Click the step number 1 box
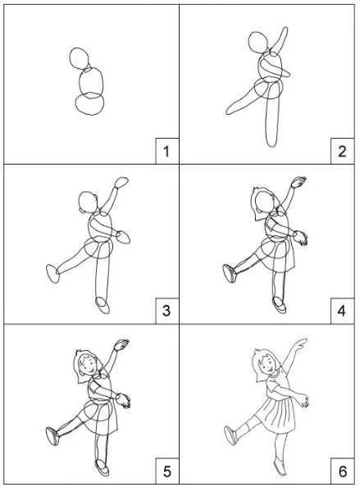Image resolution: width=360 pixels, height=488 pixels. (167, 151)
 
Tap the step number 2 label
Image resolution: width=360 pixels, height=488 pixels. (342, 151)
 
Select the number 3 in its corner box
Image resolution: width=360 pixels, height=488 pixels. (166, 311)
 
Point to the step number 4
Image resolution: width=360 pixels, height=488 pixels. (342, 311)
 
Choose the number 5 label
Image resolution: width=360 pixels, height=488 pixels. (167, 472)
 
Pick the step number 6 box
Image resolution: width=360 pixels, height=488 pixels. (342, 472)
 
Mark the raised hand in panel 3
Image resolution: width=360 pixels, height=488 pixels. (121, 183)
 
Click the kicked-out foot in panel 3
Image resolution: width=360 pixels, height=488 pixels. (52, 274)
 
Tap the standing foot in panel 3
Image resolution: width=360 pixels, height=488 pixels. (103, 305)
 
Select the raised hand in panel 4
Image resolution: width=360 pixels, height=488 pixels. (298, 182)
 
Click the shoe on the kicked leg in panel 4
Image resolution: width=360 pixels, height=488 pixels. (230, 274)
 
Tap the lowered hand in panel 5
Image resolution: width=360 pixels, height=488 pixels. (124, 400)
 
